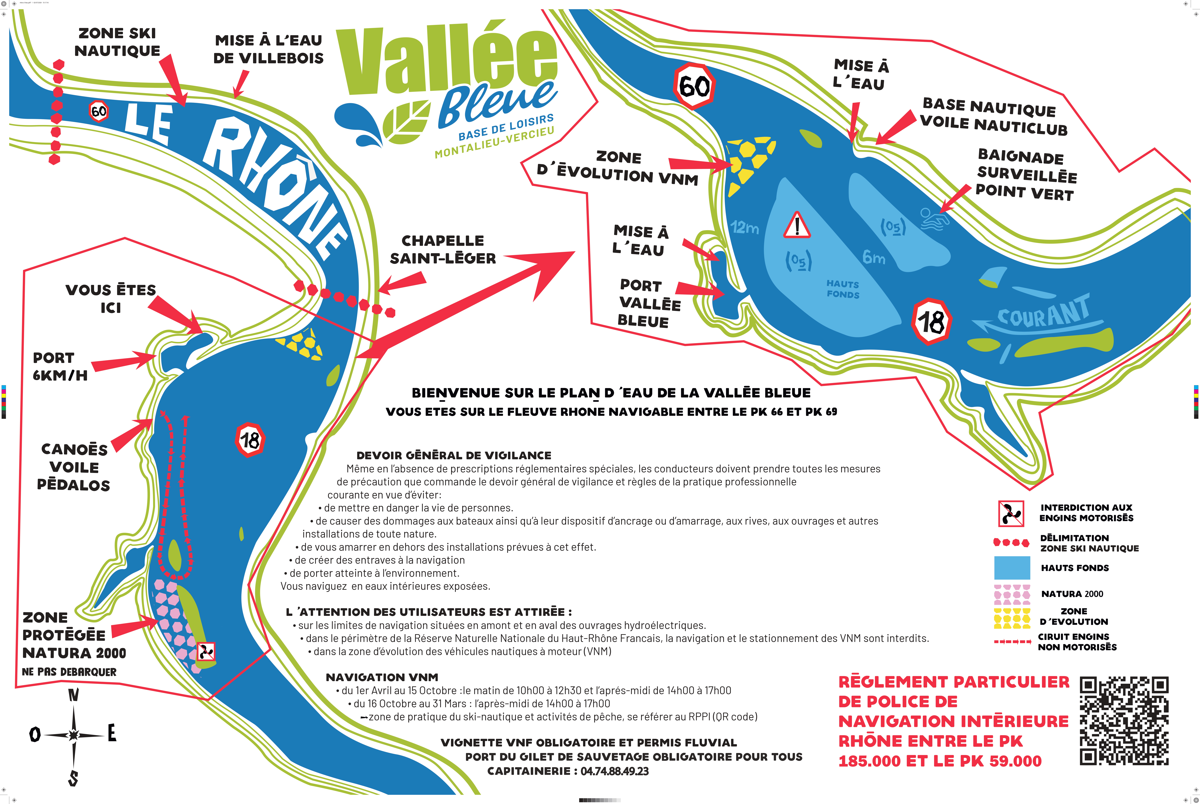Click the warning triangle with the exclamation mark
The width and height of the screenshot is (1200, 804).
pos(797,226)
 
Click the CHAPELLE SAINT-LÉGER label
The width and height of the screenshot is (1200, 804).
pos(443,250)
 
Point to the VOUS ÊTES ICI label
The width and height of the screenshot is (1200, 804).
pos(111,298)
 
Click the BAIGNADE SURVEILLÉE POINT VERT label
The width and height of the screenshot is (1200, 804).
pos(1026,175)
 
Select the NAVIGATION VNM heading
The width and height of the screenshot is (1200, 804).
pos(382,677)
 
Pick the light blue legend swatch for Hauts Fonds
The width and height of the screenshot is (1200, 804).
pos(1012,568)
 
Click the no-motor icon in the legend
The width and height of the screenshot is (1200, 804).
pos(1011,513)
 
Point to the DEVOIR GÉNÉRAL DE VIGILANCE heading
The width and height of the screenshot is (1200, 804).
pos(454,455)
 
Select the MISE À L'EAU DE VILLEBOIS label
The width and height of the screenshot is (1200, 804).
pos(269,49)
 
